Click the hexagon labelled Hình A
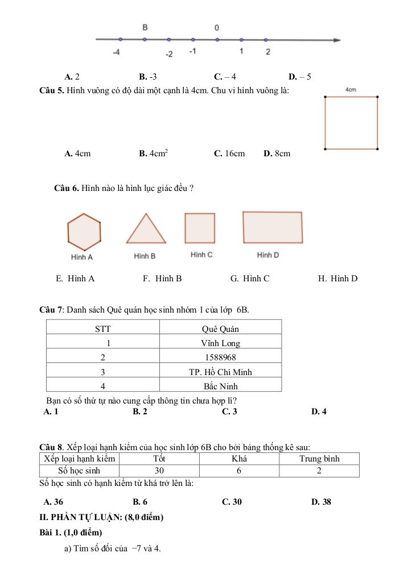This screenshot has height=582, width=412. coord(84,232)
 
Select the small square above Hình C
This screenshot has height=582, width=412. coord(200,228)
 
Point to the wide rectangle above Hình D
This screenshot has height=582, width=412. coord(273,227)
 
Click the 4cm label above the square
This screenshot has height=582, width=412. coord(351,89)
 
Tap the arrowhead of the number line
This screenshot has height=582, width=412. coord(337,40)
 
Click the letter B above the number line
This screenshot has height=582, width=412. coord(145,27)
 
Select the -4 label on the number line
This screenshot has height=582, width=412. coord(116,52)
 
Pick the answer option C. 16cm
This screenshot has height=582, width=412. coord(229,153)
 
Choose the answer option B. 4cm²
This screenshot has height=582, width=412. coord(153,153)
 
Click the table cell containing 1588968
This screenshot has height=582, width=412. coord(220,357)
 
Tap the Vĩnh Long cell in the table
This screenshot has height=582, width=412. coord(220,343)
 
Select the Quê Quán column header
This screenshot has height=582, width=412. coord(220,329)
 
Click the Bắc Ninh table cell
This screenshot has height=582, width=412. coord(220,386)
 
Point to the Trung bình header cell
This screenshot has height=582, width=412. coord(319,459)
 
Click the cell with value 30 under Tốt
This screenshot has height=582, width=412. coord(159,471)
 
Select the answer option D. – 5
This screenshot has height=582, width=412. coord(300,77)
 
